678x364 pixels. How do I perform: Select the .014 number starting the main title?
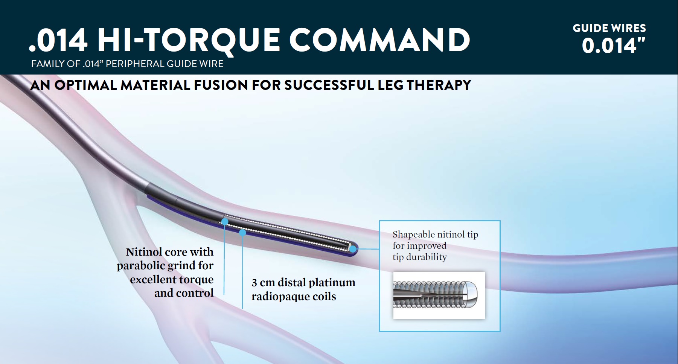[58, 41]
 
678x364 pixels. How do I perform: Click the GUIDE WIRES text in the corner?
[609, 28]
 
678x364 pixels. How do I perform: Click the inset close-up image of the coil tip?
[439, 295]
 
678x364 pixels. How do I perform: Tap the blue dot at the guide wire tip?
[353, 248]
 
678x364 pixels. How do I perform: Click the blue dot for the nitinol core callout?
[225, 221]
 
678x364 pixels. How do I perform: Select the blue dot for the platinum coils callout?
[243, 233]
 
